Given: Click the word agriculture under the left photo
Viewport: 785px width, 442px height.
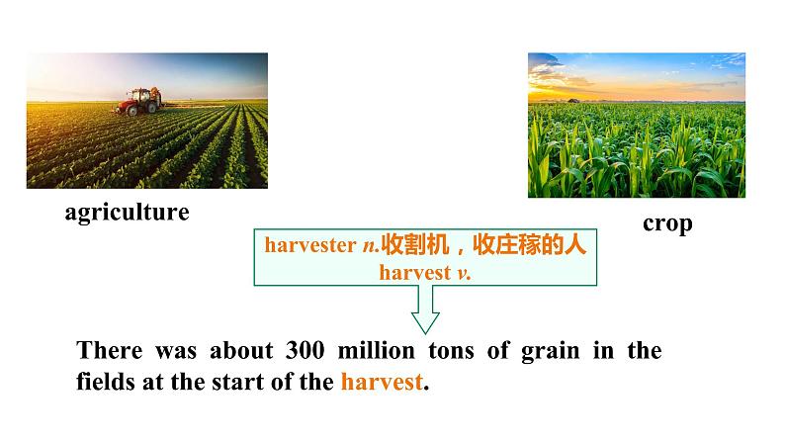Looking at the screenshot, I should (127, 212).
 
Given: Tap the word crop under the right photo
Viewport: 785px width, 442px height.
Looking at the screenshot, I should (667, 222).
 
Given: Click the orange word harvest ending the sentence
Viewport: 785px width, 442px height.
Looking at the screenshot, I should (381, 382).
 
